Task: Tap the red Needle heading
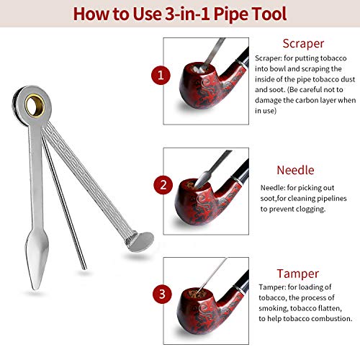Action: coord(295,170)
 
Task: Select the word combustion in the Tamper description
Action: coord(330,318)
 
